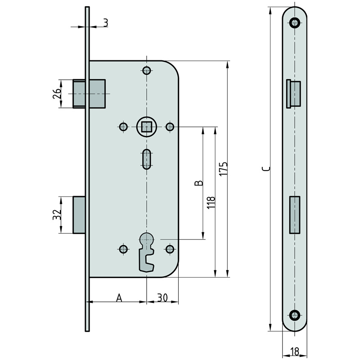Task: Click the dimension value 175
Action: point(224,169)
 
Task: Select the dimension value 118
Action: point(211,202)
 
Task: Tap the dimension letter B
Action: point(199,183)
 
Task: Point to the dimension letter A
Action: point(119,298)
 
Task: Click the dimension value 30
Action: point(162,297)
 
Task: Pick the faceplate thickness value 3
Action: point(106,23)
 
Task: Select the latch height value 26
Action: point(57,93)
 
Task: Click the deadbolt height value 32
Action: point(57,215)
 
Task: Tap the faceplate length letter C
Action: point(266,169)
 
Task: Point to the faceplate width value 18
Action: point(295,351)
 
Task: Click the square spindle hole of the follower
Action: point(146,127)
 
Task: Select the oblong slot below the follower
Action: point(147,159)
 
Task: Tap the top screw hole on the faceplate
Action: point(295,22)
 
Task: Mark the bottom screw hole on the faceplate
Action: point(295,315)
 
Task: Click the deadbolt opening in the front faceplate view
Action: point(295,215)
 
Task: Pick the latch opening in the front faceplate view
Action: point(294,94)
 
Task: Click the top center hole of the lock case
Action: point(147,70)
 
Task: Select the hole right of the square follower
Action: point(170,126)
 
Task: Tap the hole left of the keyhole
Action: point(123,249)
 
